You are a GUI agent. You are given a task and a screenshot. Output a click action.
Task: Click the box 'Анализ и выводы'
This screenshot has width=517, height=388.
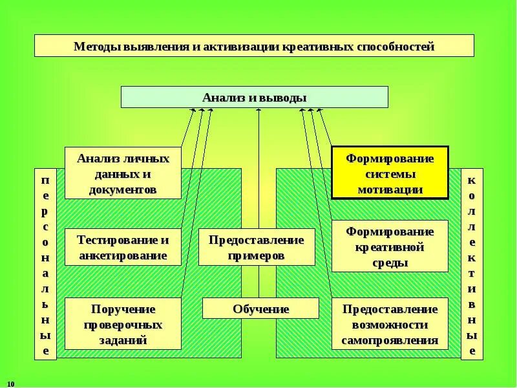tap(255, 97)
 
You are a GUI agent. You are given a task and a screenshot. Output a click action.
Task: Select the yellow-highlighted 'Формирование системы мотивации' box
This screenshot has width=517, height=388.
tap(390, 173)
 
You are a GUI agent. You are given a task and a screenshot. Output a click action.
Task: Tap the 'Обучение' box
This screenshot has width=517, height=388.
tap(260, 308)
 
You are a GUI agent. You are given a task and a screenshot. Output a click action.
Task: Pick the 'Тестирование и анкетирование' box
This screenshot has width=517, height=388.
tap(123, 247)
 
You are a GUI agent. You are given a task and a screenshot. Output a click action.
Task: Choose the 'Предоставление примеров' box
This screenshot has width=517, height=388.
tap(256, 247)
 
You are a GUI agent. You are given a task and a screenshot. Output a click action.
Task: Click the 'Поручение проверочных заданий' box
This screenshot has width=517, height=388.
tap(123, 324)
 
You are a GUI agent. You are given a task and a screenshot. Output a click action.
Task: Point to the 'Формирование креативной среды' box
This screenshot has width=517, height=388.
tap(390, 246)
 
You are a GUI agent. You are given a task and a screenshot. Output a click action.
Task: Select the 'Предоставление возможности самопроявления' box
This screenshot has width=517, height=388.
tap(390, 324)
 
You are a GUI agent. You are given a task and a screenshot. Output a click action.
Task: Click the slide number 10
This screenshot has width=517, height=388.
tap(11, 383)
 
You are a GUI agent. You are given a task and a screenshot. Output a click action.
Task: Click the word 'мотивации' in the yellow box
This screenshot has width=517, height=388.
tap(390, 190)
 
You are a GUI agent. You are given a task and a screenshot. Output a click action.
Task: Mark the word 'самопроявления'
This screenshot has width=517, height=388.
tap(390, 340)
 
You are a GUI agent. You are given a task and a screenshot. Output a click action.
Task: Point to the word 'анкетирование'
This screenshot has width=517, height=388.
tap(123, 255)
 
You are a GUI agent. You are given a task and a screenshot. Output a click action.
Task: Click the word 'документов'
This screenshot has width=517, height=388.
tap(123, 191)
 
